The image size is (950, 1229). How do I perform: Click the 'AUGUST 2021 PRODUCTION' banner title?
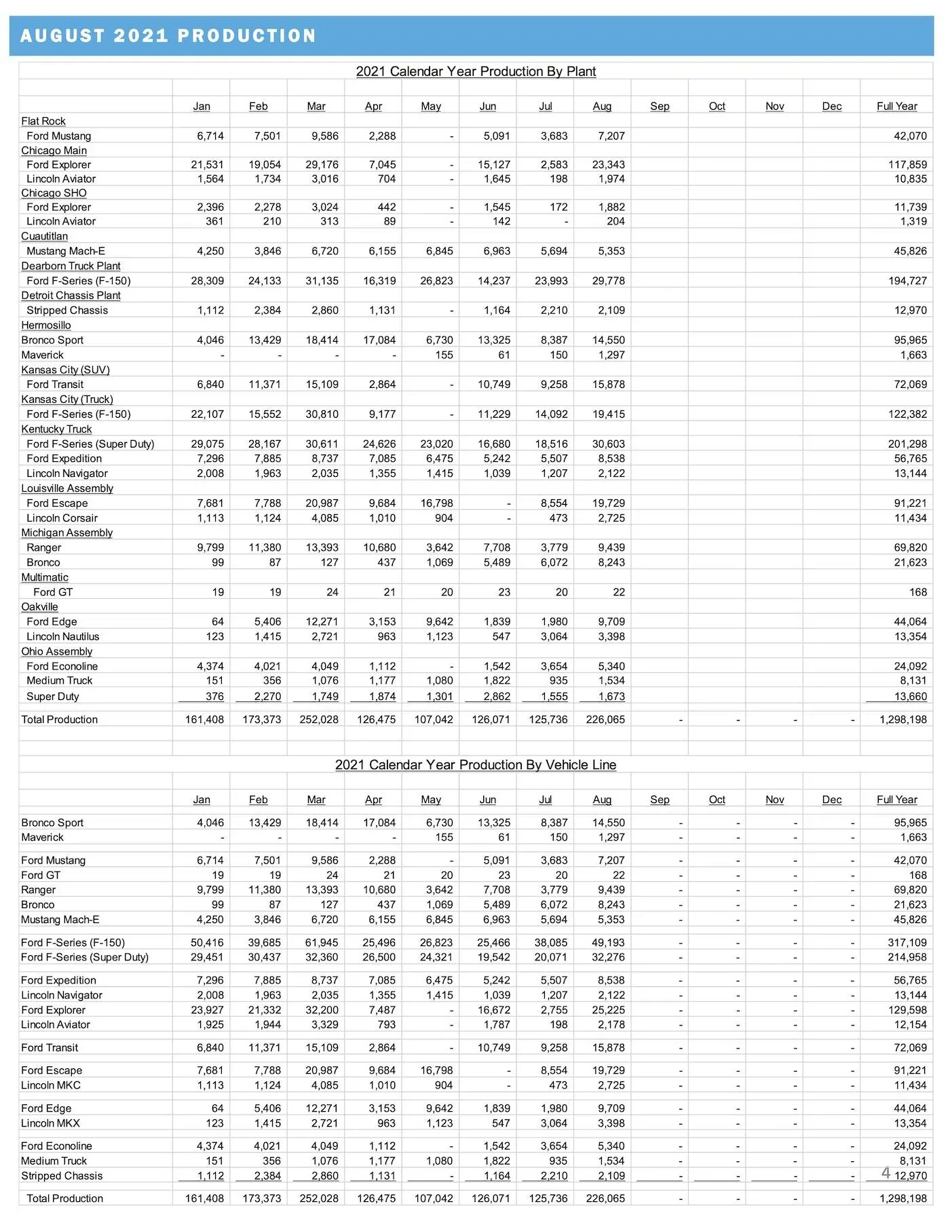click(168, 35)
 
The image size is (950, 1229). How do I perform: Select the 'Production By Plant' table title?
click(476, 71)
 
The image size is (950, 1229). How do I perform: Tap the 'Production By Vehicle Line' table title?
click(475, 764)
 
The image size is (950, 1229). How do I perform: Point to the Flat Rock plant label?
click(43, 121)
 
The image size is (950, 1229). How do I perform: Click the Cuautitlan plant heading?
click(44, 236)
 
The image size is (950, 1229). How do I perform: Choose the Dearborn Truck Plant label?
click(71, 266)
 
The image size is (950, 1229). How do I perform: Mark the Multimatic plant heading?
click(45, 577)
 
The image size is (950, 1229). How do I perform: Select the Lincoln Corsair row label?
click(62, 518)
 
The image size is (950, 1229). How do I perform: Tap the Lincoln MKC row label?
click(51, 1085)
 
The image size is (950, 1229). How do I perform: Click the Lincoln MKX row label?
click(51, 1123)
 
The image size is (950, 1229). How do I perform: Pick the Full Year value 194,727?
click(907, 281)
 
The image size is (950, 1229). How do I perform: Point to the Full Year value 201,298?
click(907, 444)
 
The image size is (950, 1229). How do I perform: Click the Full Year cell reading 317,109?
click(907, 942)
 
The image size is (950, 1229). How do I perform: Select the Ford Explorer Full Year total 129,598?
click(907, 1010)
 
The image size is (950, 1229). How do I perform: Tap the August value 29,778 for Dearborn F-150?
click(608, 281)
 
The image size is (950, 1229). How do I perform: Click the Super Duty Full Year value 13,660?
click(910, 697)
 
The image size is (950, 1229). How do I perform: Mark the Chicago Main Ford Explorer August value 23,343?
click(608, 164)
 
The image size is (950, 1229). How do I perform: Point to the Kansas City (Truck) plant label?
click(67, 399)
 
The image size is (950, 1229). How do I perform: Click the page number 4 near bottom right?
click(886, 1173)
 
